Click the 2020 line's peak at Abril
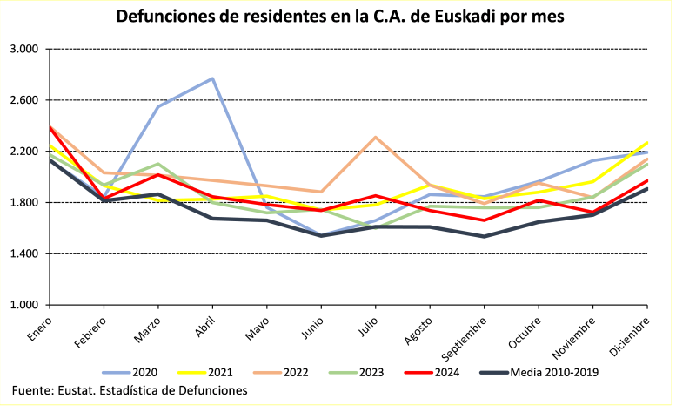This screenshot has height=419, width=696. coord(213,78)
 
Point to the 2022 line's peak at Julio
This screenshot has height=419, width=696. coord(375,137)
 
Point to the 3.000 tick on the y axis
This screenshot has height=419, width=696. coord(30,50)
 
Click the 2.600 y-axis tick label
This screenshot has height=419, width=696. coord(30,101)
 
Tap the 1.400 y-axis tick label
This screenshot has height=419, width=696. coord(30,254)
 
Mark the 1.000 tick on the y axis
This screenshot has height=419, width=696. coord(30,306)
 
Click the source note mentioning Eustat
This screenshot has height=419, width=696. coord(130,391)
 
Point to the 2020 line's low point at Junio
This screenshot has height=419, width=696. coord(321,235)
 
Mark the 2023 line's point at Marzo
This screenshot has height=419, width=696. coord(158,164)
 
